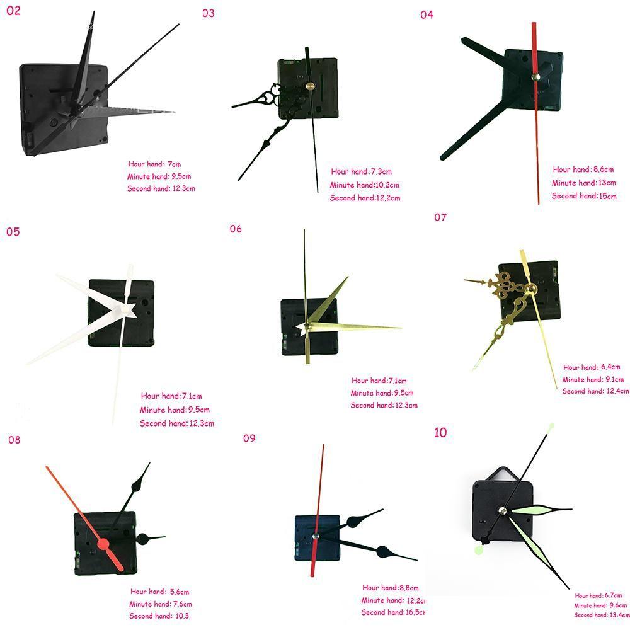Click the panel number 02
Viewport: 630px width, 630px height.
[13, 11]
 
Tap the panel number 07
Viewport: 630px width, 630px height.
[440, 217]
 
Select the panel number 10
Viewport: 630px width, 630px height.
[440, 432]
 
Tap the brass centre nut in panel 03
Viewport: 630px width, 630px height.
[309, 87]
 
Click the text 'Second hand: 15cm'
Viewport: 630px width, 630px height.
[583, 196]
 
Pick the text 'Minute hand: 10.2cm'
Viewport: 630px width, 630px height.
[364, 185]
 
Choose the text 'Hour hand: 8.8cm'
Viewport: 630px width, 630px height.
[390, 588]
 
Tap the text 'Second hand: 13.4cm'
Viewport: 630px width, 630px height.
[602, 615]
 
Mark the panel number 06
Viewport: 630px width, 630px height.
[236, 229]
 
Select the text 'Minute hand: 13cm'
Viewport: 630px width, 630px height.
[583, 183]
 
